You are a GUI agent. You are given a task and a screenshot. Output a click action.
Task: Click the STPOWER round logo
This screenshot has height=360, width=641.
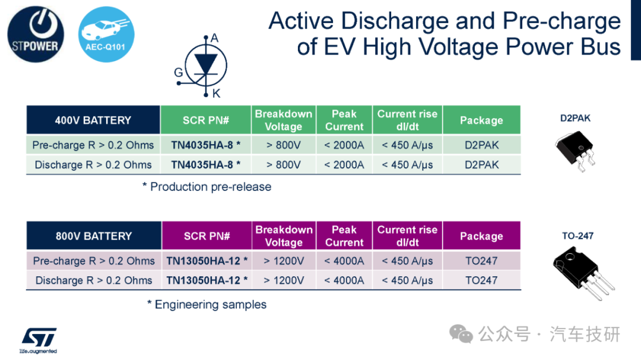click(36, 34)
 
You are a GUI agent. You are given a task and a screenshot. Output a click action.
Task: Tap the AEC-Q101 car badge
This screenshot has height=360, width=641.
click(106, 34)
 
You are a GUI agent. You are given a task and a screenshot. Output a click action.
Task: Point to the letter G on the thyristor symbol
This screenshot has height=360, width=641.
click(178, 72)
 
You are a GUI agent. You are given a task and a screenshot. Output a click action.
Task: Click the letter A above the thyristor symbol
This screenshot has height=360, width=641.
click(215, 39)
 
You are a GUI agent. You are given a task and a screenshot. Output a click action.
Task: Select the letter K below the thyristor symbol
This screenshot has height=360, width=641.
click(216, 94)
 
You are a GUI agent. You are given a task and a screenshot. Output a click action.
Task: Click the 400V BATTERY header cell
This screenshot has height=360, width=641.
click(93, 120)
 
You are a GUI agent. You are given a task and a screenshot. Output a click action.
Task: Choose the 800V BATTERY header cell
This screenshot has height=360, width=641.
click(94, 236)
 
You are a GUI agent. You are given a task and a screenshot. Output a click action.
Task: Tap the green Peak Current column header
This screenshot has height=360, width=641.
click(344, 120)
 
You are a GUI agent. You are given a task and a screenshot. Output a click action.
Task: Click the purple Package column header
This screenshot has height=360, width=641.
click(481, 236)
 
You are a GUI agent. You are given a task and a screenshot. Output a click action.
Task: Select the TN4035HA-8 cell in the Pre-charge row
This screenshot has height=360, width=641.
click(205, 145)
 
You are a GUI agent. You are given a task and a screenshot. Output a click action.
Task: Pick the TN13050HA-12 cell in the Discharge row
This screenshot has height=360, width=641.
click(207, 281)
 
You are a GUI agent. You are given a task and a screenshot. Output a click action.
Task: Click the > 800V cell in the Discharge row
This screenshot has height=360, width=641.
click(284, 165)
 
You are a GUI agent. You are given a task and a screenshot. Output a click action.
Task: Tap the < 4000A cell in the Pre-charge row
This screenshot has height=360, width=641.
click(344, 261)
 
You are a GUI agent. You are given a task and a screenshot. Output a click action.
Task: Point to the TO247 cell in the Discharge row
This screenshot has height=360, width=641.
click(481, 281)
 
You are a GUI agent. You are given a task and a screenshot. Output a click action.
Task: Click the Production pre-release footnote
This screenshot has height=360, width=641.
click(207, 187)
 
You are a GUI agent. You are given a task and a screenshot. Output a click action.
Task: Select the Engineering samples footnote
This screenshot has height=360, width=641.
click(207, 304)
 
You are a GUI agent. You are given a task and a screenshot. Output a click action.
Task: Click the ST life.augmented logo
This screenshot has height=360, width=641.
click(39, 340)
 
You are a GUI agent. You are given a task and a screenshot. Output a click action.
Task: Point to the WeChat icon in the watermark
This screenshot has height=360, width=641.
click(461, 334)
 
